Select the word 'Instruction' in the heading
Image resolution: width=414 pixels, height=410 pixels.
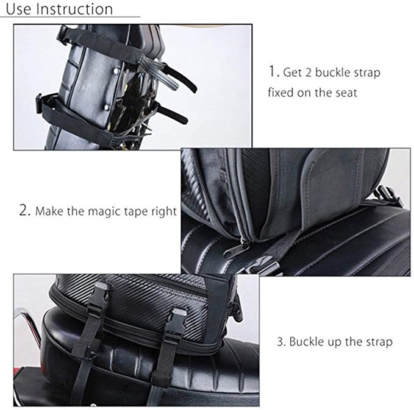tap(73, 9)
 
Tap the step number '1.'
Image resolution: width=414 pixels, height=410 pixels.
tap(273, 71)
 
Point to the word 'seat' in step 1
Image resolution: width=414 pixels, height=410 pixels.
tap(343, 93)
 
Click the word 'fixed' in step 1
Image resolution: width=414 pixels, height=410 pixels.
tap(281, 93)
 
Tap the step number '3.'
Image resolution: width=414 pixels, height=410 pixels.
tap(281, 341)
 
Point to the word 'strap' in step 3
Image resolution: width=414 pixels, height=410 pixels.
tap(378, 342)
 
